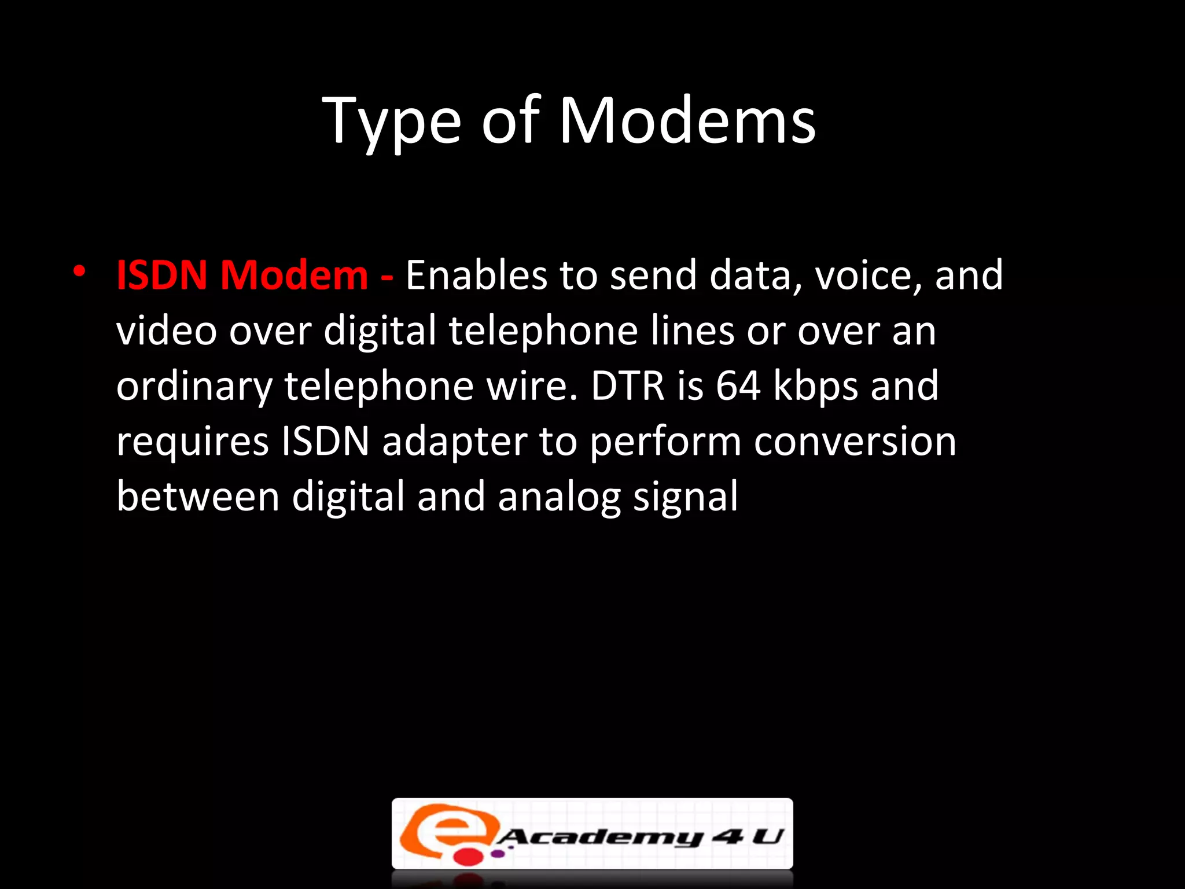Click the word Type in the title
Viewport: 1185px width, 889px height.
pyautogui.click(x=392, y=122)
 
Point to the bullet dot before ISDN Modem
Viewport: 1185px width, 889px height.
pyautogui.click(x=80, y=270)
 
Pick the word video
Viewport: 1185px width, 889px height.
pyautogui.click(x=166, y=330)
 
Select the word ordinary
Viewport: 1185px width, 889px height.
pyautogui.click(x=194, y=387)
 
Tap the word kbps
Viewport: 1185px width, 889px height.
pyautogui.click(x=815, y=387)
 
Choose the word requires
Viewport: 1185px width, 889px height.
pyautogui.click(x=193, y=442)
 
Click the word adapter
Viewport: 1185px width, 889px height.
pyautogui.click(x=455, y=442)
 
